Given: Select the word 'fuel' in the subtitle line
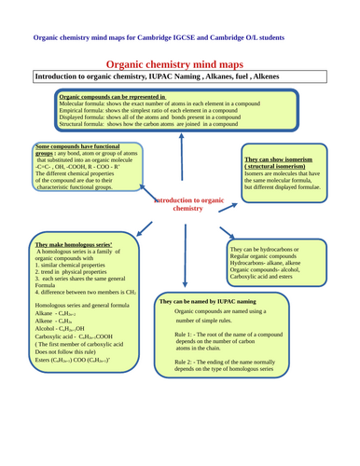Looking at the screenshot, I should coord(234,75).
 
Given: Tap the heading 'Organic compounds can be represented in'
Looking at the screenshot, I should coord(112,96).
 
